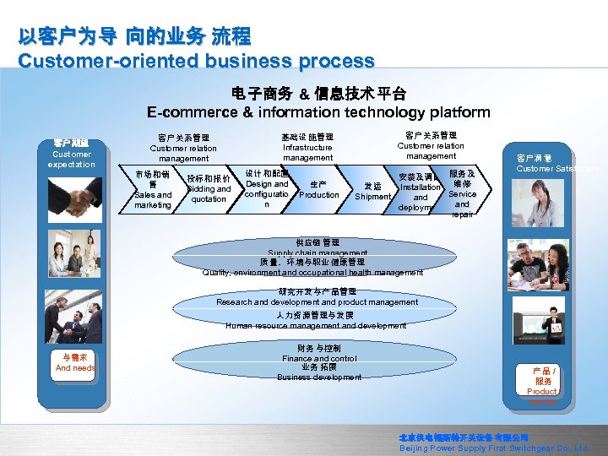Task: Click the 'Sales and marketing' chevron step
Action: (x=153, y=190)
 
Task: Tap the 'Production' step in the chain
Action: (x=319, y=190)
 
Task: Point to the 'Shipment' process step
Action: (x=372, y=192)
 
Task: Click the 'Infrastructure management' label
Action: (x=307, y=147)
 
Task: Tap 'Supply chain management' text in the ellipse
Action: (x=318, y=252)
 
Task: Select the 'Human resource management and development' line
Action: (x=316, y=325)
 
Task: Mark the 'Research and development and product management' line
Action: (x=317, y=301)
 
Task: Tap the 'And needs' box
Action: (x=75, y=363)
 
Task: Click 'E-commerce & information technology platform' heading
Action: (x=318, y=112)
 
